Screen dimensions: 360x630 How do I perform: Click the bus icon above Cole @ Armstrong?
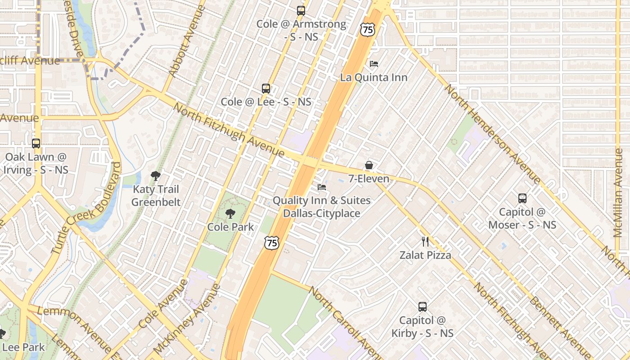pos(301,11)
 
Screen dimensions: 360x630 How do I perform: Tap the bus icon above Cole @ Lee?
pos(266,89)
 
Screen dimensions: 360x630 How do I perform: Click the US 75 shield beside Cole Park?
pos(272,243)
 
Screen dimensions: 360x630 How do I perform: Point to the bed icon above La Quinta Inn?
pos(373,64)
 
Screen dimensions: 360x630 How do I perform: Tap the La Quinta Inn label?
pos(373,77)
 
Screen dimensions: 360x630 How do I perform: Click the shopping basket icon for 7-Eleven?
pos(369,165)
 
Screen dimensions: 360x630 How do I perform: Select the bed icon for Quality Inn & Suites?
pos(322,187)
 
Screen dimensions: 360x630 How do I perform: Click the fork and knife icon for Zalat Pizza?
pos(425,242)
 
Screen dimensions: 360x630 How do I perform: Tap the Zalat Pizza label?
pos(425,255)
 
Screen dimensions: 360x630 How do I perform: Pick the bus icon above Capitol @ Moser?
pos(522,198)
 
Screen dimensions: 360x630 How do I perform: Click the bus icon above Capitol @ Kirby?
pos(422,307)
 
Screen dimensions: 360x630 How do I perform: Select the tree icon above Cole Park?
pos(230,214)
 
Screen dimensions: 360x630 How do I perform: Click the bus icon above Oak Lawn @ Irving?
pos(36,144)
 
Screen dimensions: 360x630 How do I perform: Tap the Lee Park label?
pos(23,347)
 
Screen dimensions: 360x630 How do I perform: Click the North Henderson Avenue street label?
pos(492,134)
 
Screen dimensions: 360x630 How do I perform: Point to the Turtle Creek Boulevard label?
pos(86,208)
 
